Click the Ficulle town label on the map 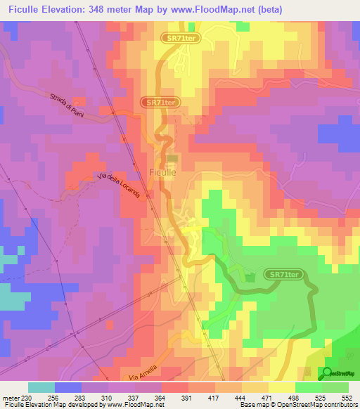click(x=163, y=171)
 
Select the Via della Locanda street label click(x=118, y=185)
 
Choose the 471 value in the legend click(x=267, y=397)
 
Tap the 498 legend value click(x=293, y=397)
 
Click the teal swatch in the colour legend click(x=41, y=387)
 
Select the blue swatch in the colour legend click(x=68, y=387)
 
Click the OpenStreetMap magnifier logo click(x=328, y=374)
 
